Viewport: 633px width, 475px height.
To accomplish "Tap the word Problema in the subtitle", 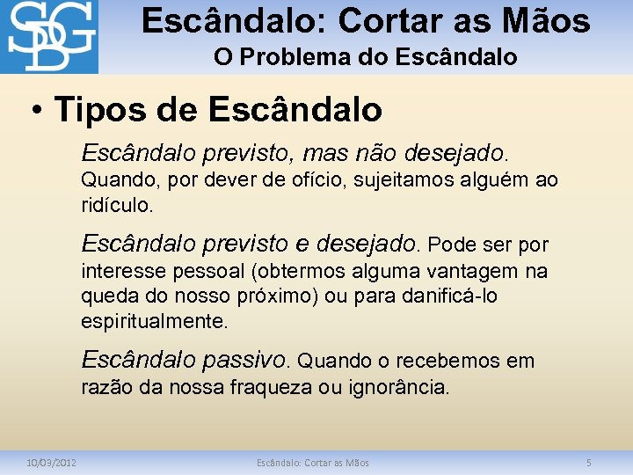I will pos(291,57).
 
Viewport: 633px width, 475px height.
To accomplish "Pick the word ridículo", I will pos(117,206).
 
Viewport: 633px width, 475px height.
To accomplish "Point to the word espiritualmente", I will pos(155,321).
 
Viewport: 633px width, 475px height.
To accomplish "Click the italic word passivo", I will pos(244,360).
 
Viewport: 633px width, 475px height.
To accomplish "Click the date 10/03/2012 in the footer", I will pos(51,463).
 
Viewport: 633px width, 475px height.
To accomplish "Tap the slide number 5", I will pos(589,463).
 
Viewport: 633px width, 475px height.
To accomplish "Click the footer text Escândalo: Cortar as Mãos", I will pos(313,463).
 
